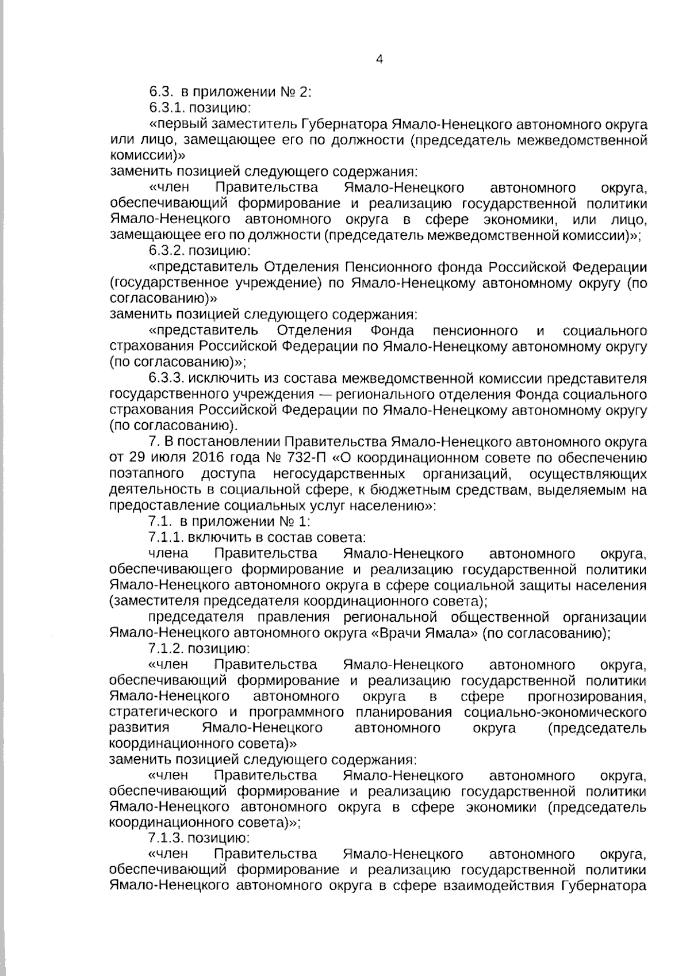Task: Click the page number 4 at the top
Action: [x=379, y=59]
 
